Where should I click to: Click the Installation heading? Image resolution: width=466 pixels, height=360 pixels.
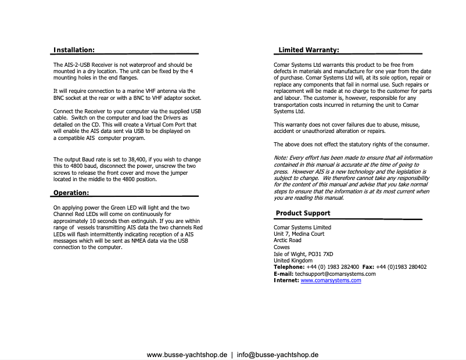pyautogui.click(x=74, y=51)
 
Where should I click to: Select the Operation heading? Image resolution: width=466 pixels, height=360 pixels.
pyautogui.click(x=71, y=193)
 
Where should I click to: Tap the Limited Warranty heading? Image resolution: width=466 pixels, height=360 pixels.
pyautogui.click(x=309, y=51)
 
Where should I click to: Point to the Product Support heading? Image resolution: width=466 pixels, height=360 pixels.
pyautogui.click(x=303, y=213)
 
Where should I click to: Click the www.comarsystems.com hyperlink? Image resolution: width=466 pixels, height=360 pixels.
pyautogui.click(x=331, y=280)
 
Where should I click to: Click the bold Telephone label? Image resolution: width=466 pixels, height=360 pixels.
pyautogui.click(x=289, y=267)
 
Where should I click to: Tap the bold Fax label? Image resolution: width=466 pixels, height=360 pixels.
pyautogui.click(x=368, y=267)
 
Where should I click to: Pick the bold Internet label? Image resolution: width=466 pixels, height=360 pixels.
pyautogui.click(x=286, y=280)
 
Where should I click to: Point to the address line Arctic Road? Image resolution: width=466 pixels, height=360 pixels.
pyautogui.click(x=288, y=240)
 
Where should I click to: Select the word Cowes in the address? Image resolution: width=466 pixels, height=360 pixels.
pyautogui.click(x=282, y=247)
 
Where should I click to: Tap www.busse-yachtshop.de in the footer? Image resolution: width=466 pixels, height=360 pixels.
pyautogui.click(x=187, y=354)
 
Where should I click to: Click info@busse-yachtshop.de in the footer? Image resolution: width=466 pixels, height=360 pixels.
pyautogui.click(x=278, y=354)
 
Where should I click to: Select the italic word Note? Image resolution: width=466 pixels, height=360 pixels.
pyautogui.click(x=279, y=158)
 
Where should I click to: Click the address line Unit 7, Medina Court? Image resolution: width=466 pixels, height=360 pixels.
pyautogui.click(x=299, y=234)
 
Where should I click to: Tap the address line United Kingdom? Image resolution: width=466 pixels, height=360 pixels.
pyautogui.click(x=293, y=261)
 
